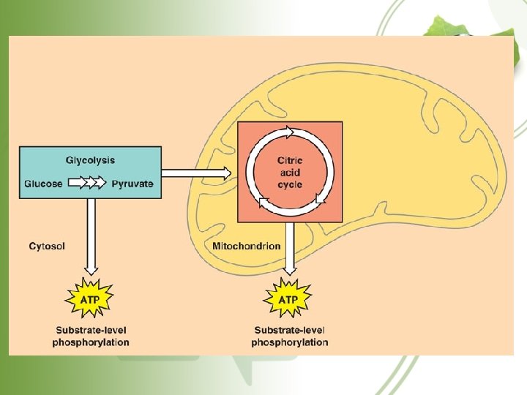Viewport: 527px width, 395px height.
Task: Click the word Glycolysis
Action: [90, 160]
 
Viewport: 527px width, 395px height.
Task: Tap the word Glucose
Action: [43, 184]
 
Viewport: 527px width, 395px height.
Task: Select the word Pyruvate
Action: [132, 184]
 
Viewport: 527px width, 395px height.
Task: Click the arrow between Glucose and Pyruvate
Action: [87, 184]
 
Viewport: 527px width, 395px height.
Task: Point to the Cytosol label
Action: [47, 247]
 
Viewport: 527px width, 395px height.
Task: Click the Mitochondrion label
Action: [246, 247]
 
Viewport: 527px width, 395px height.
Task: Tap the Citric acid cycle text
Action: [290, 173]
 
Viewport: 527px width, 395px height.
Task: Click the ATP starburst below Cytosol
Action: [90, 300]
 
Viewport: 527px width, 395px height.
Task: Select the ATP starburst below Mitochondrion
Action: [289, 300]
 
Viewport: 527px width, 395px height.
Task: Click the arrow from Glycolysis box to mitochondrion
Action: [196, 173]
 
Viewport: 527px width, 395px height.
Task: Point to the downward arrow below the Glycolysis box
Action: [91, 234]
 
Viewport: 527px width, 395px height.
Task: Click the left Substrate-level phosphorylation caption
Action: [91, 336]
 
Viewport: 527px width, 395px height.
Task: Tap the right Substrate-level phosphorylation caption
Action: [290, 336]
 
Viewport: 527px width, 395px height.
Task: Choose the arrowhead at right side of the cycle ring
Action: [320, 198]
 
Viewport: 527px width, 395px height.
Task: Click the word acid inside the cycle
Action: [290, 173]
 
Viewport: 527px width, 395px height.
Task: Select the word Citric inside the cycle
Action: [290, 161]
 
